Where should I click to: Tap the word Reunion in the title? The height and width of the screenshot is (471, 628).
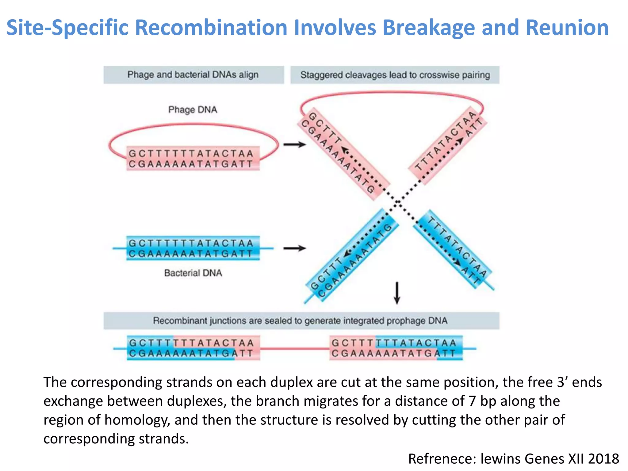pos(567,28)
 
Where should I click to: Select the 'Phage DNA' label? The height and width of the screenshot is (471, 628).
pos(193,110)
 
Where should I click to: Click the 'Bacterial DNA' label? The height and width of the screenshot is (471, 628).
pos(193,273)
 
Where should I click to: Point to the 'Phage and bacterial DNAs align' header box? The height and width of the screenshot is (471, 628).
pos(193,75)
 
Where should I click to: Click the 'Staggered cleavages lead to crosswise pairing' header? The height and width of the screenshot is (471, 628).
pos(395,75)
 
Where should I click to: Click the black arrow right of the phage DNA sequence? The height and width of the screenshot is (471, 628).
pos(294,144)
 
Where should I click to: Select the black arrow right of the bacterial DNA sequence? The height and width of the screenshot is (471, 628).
pos(294,248)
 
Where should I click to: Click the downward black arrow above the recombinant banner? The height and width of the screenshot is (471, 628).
pos(397,293)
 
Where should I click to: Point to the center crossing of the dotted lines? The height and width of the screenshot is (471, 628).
pos(397,202)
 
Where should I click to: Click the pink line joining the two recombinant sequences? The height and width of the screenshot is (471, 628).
pos(294,348)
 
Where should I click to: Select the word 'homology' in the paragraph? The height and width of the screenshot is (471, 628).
pos(137,420)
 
